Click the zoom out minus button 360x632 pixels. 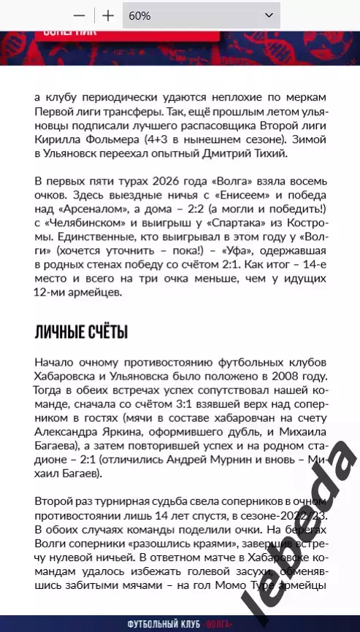[x=80, y=15]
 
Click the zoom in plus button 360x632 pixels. [x=108, y=15]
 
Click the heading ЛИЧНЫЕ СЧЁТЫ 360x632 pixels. [x=81, y=333]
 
